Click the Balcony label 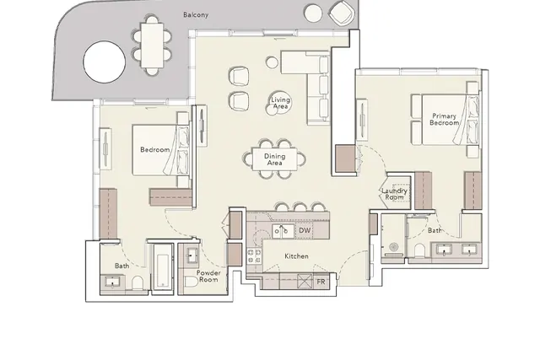[196, 15]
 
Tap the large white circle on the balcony [104, 62]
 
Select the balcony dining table [152, 45]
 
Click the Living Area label [280, 103]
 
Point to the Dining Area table [274, 159]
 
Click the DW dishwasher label [305, 231]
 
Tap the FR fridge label [321, 282]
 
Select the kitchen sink [283, 231]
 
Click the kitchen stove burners [255, 256]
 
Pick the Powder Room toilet [191, 282]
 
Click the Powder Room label [208, 276]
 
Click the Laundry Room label [394, 194]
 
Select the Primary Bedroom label [444, 119]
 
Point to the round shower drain [393, 247]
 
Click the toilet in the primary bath [420, 250]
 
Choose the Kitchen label [296, 256]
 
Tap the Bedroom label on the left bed [154, 150]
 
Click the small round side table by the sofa [272, 62]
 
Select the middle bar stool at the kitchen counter [300, 207]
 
